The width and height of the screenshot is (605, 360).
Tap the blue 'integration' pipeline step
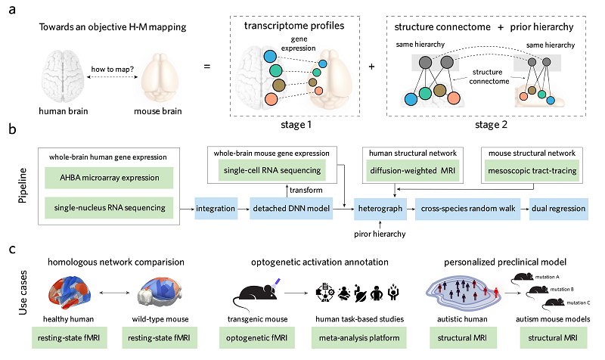(x=216, y=206)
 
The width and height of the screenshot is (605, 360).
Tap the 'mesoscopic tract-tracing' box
(x=532, y=171)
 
